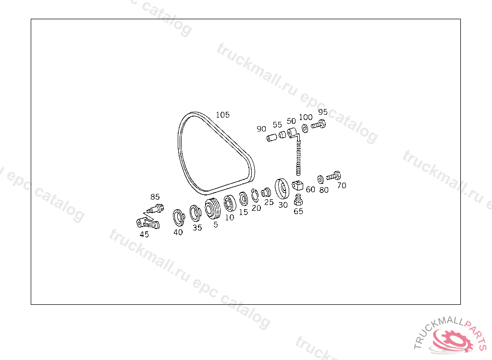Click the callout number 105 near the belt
pos(222,115)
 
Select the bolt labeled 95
pos(319,124)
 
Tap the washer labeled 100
pos(305,128)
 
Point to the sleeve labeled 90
pos(272,137)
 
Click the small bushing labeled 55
pos(283,134)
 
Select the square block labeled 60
pos(297,185)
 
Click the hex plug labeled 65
pos(298,200)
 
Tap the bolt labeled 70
pos(333,176)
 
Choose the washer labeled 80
pos(320,180)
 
